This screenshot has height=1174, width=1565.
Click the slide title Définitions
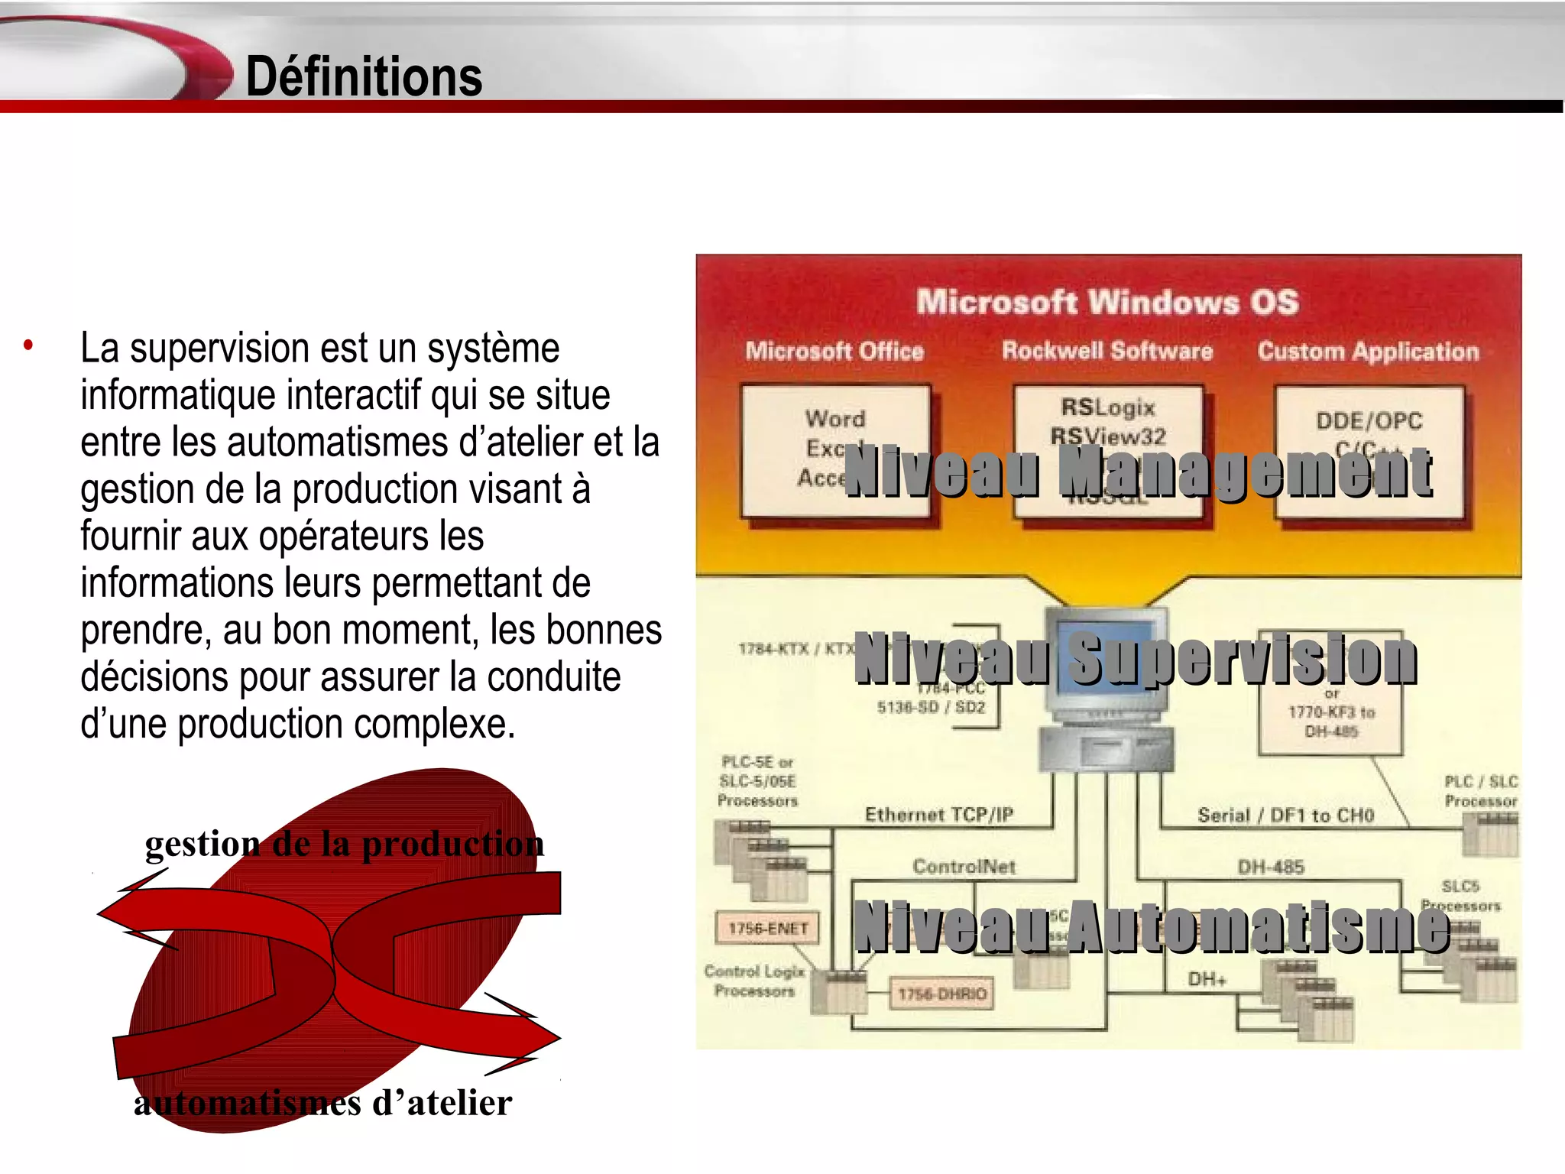pyautogui.click(x=364, y=76)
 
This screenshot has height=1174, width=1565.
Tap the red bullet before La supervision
pyautogui.click(x=28, y=345)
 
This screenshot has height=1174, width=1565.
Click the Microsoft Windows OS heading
pyautogui.click(x=1107, y=302)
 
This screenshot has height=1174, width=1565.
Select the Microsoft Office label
pyautogui.click(x=834, y=351)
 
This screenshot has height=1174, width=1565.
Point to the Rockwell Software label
pyautogui.click(x=1107, y=351)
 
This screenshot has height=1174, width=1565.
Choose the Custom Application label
pyautogui.click(x=1368, y=352)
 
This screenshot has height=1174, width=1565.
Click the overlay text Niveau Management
pyautogui.click(x=1139, y=472)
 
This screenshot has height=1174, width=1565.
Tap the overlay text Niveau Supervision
pyautogui.click(x=1136, y=658)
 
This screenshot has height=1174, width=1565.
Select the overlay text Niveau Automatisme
pyautogui.click(x=1152, y=926)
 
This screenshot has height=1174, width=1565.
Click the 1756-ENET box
pyautogui.click(x=768, y=928)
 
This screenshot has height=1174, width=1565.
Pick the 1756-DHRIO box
pyautogui.click(x=942, y=994)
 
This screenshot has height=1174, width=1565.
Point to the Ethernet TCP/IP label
pyautogui.click(x=939, y=815)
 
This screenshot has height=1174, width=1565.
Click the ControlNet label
pyautogui.click(x=964, y=867)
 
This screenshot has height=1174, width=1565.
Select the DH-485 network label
pyautogui.click(x=1271, y=867)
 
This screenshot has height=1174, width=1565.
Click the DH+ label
pyautogui.click(x=1207, y=979)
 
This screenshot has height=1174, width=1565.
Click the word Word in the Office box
pyautogui.click(x=835, y=419)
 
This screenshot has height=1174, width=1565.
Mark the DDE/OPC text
pyautogui.click(x=1369, y=420)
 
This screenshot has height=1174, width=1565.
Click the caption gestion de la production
pyautogui.click(x=345, y=844)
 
